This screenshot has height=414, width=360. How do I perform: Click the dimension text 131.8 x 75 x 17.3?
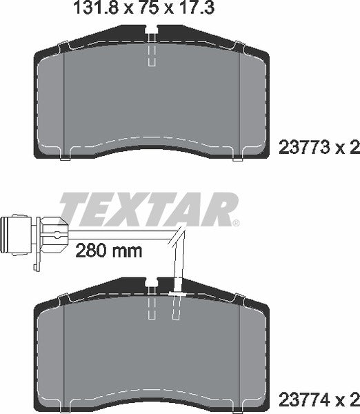(143, 10)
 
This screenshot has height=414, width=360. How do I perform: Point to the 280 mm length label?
(108, 250)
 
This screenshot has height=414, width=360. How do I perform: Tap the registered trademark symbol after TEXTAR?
(236, 224)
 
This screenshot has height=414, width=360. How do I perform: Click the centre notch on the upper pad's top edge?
(153, 31)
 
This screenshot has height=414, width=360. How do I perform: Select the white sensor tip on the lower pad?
(176, 295)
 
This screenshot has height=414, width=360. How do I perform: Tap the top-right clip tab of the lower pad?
(239, 297)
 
